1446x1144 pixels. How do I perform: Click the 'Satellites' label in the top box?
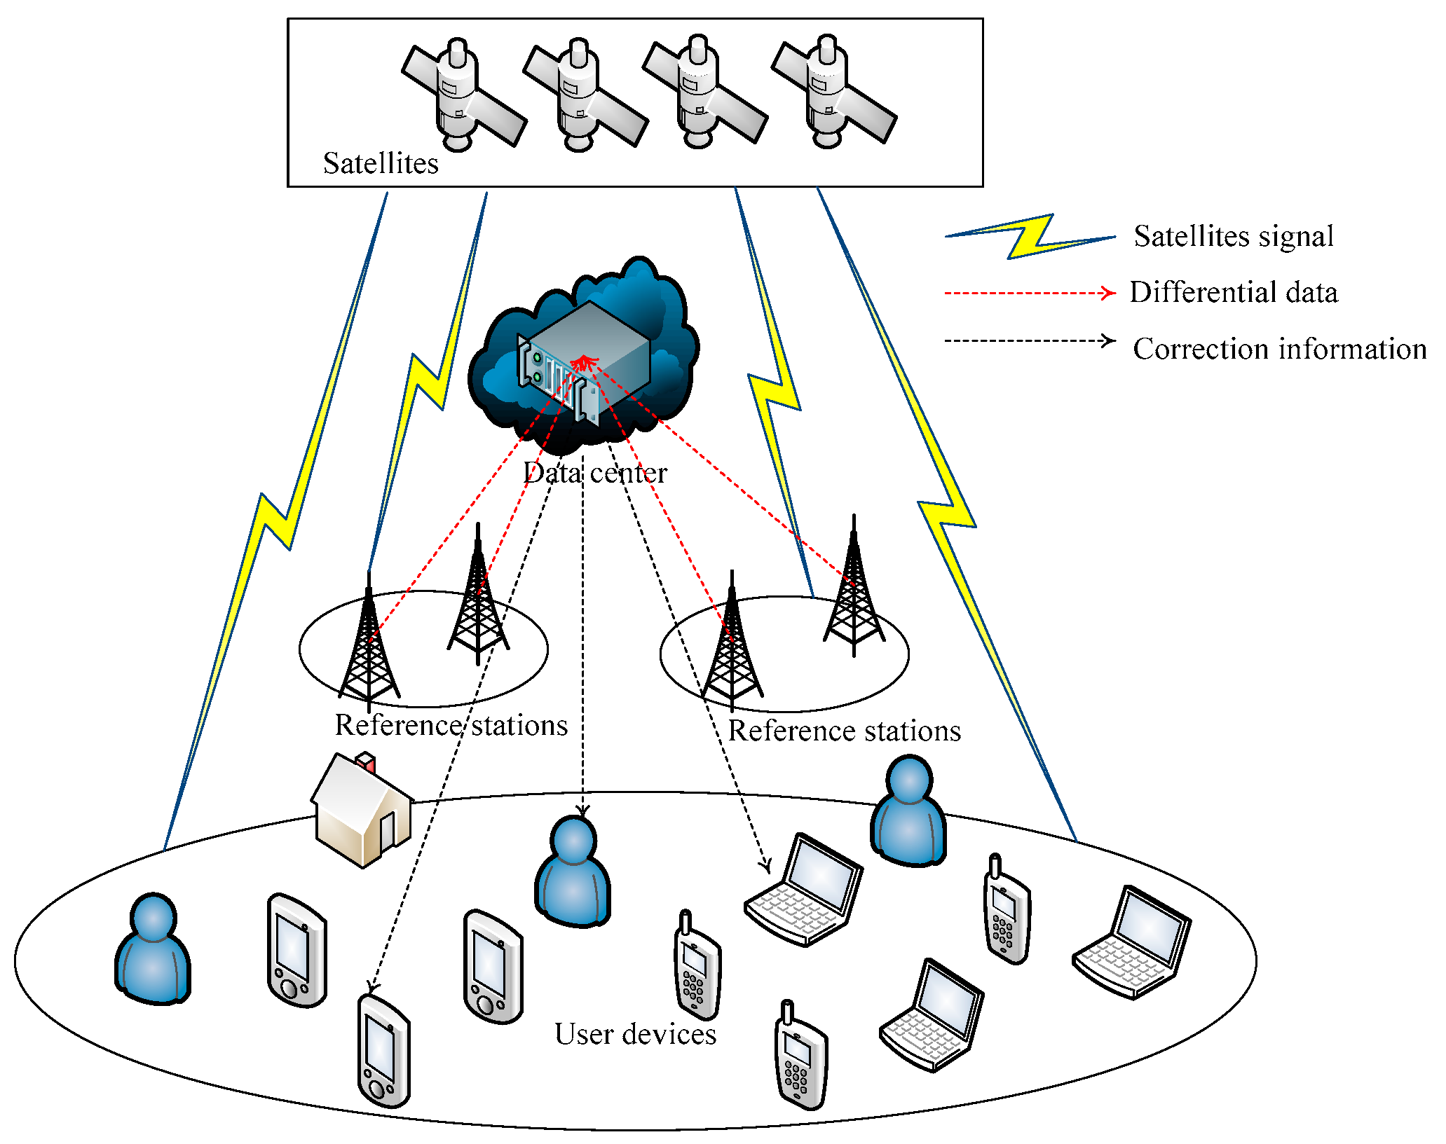381,163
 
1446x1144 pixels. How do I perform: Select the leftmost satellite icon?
464,94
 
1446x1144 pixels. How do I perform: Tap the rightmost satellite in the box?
834,91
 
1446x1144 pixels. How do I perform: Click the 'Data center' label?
595,473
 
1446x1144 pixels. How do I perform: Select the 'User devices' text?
635,1034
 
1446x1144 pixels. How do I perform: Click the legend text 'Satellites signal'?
1234,236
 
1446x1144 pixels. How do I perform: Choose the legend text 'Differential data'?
1234,292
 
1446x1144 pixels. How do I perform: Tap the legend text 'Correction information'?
1280,348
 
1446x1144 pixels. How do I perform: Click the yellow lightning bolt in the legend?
1030,237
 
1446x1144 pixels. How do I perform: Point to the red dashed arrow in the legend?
1030,293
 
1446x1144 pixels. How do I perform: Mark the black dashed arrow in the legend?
1030,341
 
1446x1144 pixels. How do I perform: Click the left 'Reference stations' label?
451,725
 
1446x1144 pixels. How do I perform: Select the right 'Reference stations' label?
845,731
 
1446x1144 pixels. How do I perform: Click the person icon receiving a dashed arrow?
573,871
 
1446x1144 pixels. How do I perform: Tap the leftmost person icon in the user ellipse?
154,949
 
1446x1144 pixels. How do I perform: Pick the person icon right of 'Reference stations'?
909,811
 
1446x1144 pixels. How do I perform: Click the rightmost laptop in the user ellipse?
1132,942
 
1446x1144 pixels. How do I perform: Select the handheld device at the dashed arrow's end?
384,1050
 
